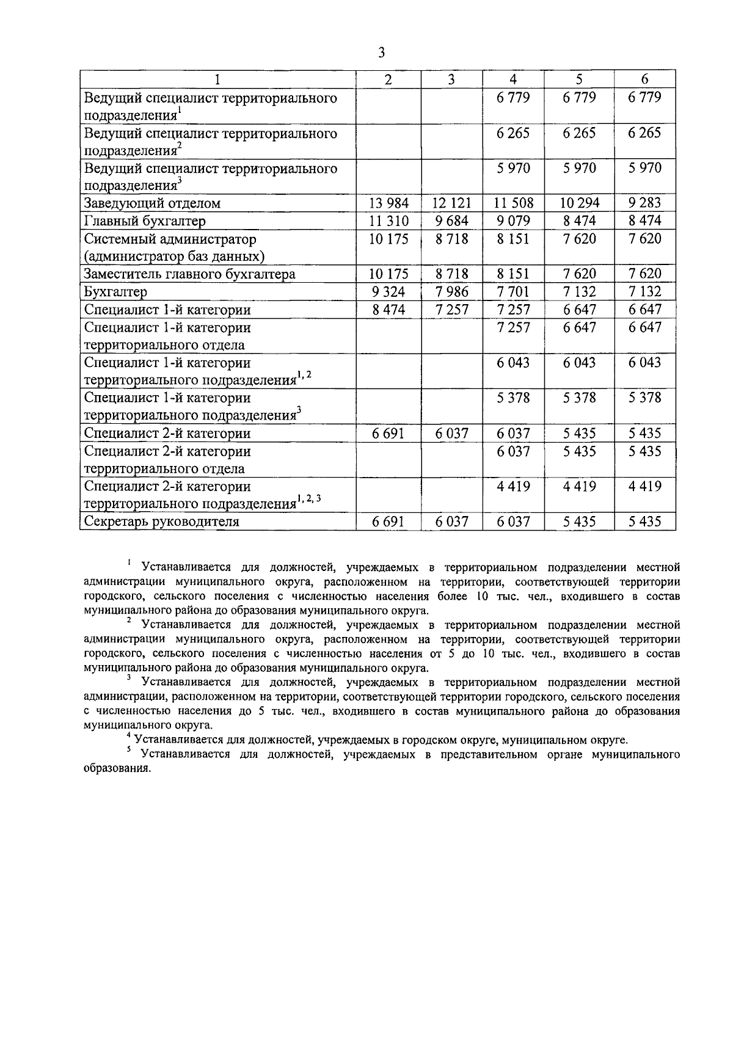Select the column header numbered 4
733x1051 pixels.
tap(513, 79)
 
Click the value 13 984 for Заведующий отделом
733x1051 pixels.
tap(388, 203)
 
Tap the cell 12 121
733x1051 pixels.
tap(451, 203)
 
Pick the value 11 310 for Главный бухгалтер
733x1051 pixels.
tap(388, 221)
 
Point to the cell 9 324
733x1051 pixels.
tap(388, 292)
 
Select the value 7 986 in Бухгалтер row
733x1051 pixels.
tap(451, 292)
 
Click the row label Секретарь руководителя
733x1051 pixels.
tap(161, 522)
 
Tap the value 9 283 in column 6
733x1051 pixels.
tap(644, 203)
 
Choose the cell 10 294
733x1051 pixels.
tap(579, 203)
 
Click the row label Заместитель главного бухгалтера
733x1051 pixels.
tap(189, 274)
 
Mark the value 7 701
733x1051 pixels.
tap(513, 292)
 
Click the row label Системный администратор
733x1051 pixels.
tap(170, 239)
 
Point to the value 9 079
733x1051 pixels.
tap(513, 221)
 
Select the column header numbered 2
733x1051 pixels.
tap(388, 79)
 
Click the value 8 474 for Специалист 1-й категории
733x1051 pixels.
tap(388, 310)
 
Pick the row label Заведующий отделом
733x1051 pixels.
tap(151, 203)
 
